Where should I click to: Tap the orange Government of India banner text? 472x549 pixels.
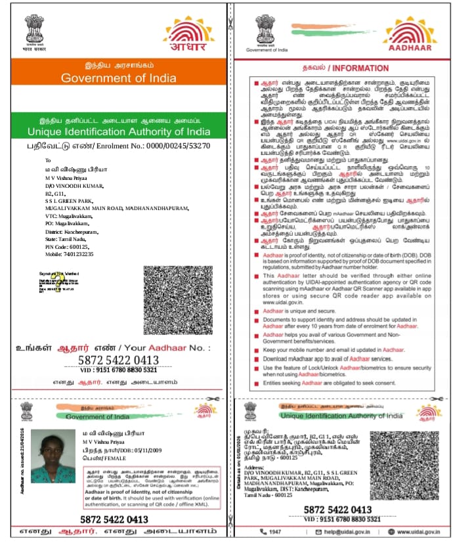click(118, 78)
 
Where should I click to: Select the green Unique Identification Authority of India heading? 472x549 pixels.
click(119, 131)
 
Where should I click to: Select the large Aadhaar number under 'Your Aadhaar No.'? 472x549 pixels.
click(118, 360)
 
